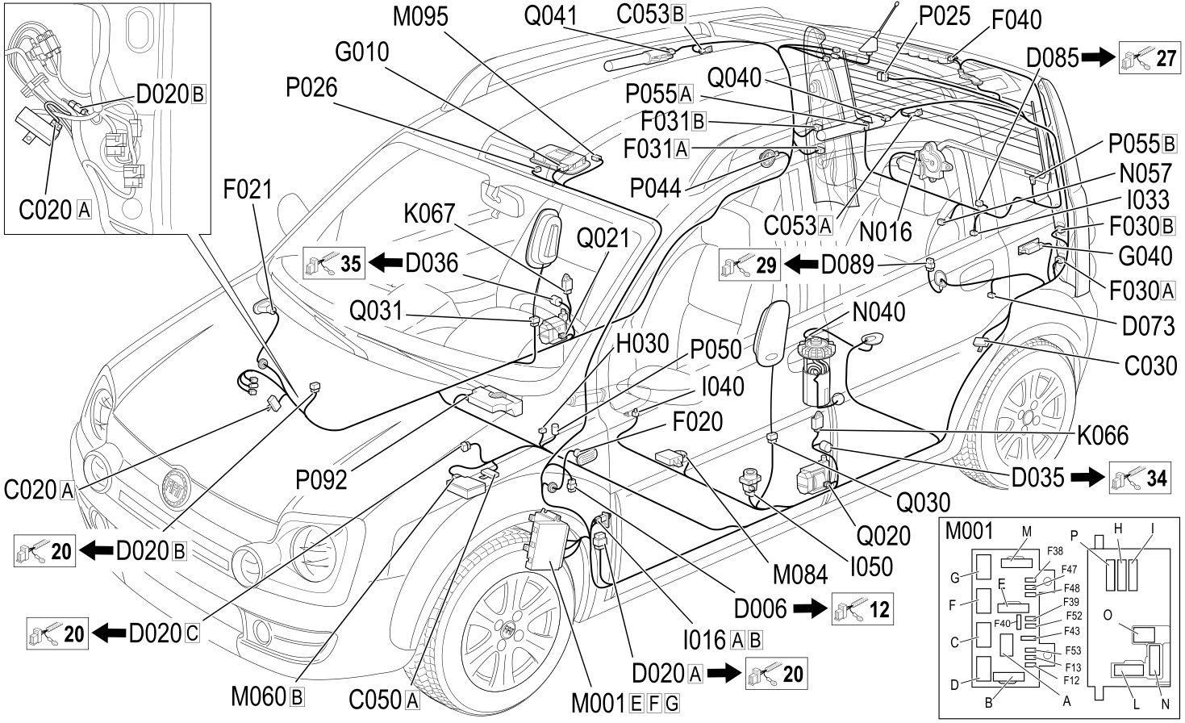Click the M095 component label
pos(420,17)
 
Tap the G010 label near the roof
pos(362,52)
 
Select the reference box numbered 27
pos(1149,57)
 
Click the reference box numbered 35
pos(334,263)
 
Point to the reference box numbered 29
pos(749,265)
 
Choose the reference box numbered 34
pos(1140,478)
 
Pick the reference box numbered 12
pos(862,609)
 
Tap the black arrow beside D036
pos(386,263)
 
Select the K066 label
pos(1103,436)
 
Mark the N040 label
pos(878,312)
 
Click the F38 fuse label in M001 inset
pos(1055,551)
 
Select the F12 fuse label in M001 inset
pos(1072,680)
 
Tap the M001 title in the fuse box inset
pos(969,532)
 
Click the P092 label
pos(322,480)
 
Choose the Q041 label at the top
pos(550,16)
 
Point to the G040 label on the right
pos(1145,256)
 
